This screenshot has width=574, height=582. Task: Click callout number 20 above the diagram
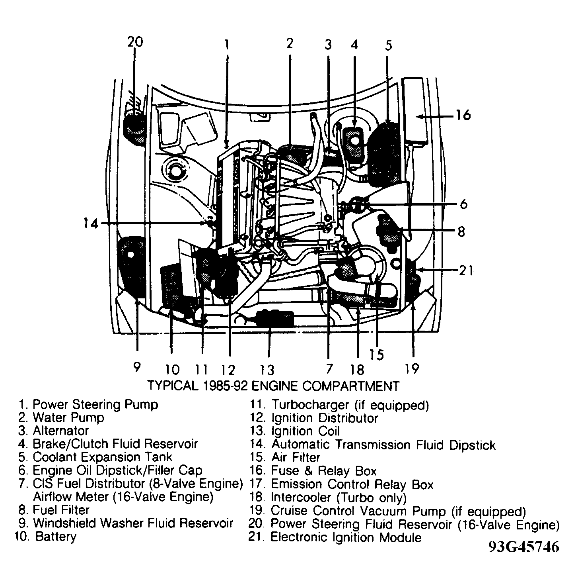[135, 41]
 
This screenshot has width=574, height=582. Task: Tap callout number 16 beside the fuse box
[463, 115]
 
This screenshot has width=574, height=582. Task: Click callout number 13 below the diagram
[267, 370]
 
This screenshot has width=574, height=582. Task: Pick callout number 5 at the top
[388, 45]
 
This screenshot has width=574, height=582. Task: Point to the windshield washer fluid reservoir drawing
[132, 267]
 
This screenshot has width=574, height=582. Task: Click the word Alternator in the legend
[60, 431]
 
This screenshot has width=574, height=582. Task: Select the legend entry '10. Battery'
[46, 536]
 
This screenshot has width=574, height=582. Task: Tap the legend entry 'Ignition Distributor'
[324, 418]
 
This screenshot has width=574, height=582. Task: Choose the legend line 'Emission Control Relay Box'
[352, 484]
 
